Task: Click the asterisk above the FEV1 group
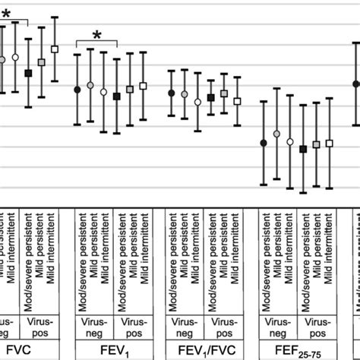(97, 35)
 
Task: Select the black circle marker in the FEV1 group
(77, 90)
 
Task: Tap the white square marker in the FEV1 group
(144, 86)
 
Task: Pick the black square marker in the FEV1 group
(116, 96)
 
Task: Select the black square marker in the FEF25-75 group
(303, 150)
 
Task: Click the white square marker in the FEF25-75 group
(329, 143)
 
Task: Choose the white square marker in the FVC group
(54, 49)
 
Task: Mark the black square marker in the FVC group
(28, 73)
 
